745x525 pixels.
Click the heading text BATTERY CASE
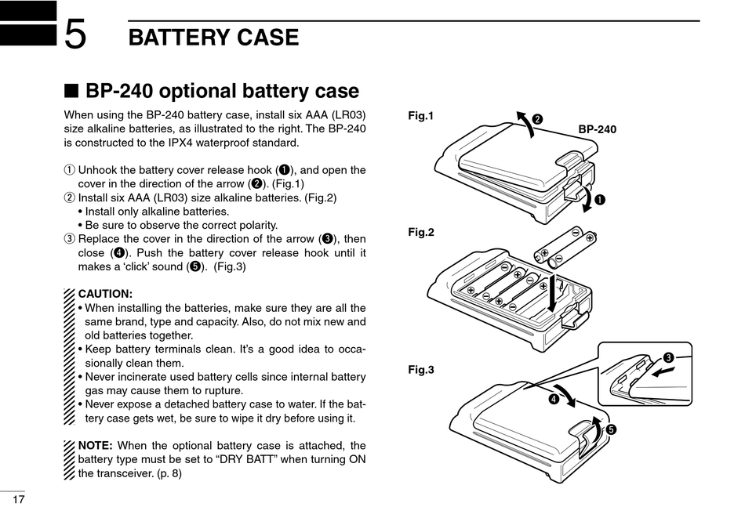point(213,37)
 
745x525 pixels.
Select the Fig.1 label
point(421,116)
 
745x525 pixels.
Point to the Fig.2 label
point(421,232)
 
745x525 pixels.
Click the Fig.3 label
point(421,370)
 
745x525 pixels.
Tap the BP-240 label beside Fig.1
point(598,129)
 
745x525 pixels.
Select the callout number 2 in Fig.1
point(537,119)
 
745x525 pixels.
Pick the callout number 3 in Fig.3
point(668,358)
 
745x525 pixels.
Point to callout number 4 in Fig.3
point(554,399)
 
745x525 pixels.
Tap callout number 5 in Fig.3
point(611,429)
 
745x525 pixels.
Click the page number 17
point(18,500)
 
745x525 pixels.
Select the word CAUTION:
point(105,294)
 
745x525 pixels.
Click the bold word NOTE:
point(96,445)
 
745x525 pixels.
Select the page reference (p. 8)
point(165,473)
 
